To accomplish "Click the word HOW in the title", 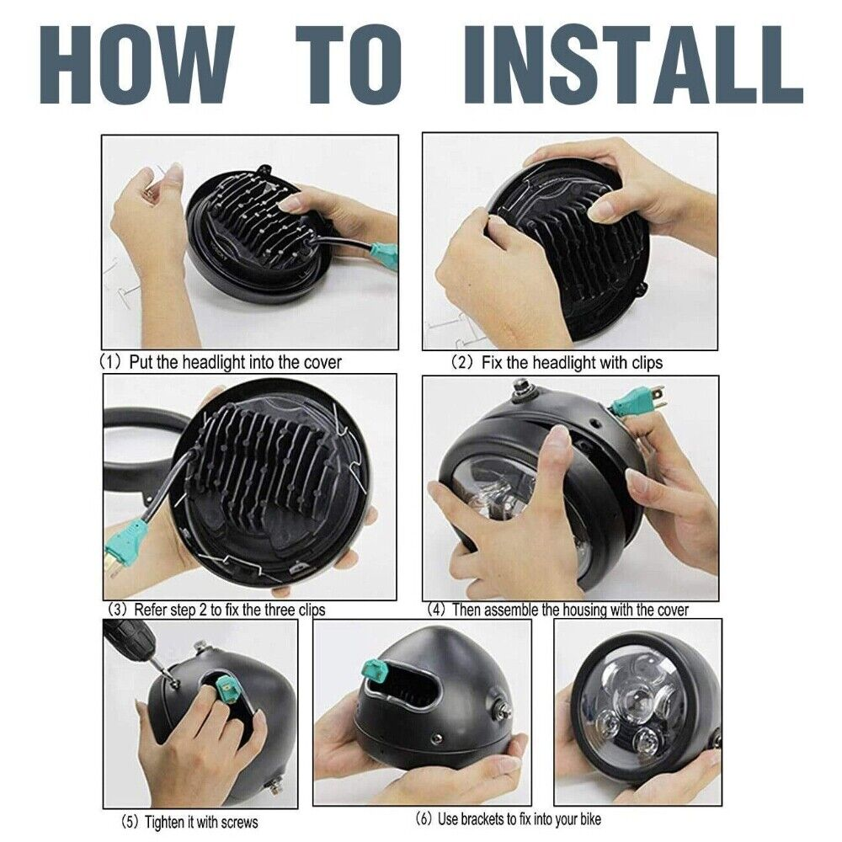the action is click(x=137, y=64).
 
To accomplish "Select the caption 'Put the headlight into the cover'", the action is click(x=235, y=362).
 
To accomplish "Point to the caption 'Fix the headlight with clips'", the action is click(x=572, y=363).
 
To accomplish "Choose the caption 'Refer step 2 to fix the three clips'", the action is click(x=229, y=610).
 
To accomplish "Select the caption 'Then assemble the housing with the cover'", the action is click(x=570, y=610).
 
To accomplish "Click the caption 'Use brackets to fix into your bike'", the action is click(x=520, y=819).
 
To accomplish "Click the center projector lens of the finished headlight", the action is click(x=637, y=697).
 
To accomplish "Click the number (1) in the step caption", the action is click(x=111, y=362).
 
